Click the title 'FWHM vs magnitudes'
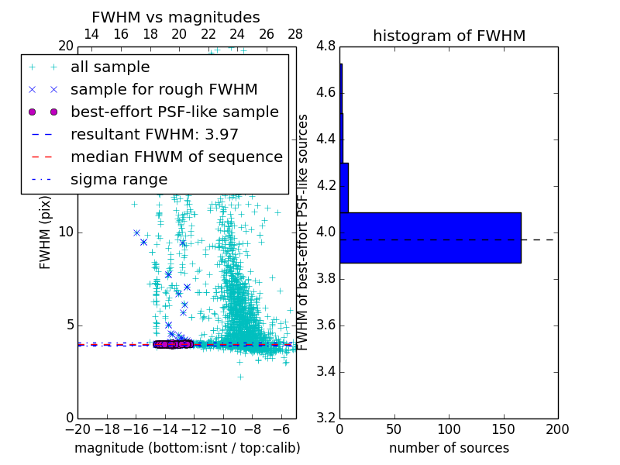click(x=176, y=17)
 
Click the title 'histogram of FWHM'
click(x=449, y=36)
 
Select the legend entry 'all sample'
click(x=110, y=67)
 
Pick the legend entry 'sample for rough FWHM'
click(x=164, y=90)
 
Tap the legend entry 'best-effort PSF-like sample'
click(x=174, y=112)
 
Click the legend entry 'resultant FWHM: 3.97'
click(x=154, y=134)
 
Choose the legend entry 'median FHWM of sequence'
click(x=176, y=157)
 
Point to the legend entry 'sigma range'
click(x=119, y=179)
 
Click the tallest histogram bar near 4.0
click(x=430, y=238)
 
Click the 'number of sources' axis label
click(x=449, y=448)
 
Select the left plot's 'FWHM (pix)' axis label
click(x=46, y=232)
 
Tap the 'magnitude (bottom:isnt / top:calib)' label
click(x=187, y=448)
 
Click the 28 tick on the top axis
click(x=295, y=34)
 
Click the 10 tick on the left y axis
click(x=65, y=232)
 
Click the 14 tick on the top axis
click(x=91, y=34)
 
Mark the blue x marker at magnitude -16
click(x=136, y=232)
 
